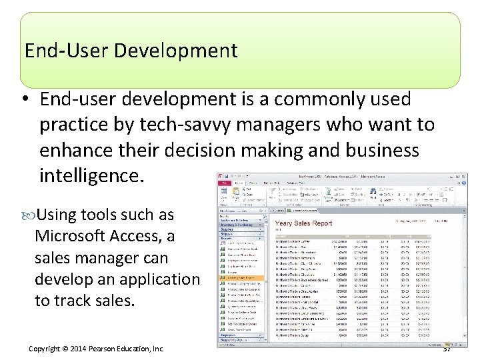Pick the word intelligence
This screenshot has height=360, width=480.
[91, 176]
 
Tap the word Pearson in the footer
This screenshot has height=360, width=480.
[107, 349]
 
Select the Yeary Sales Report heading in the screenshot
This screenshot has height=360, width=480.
[303, 223]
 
